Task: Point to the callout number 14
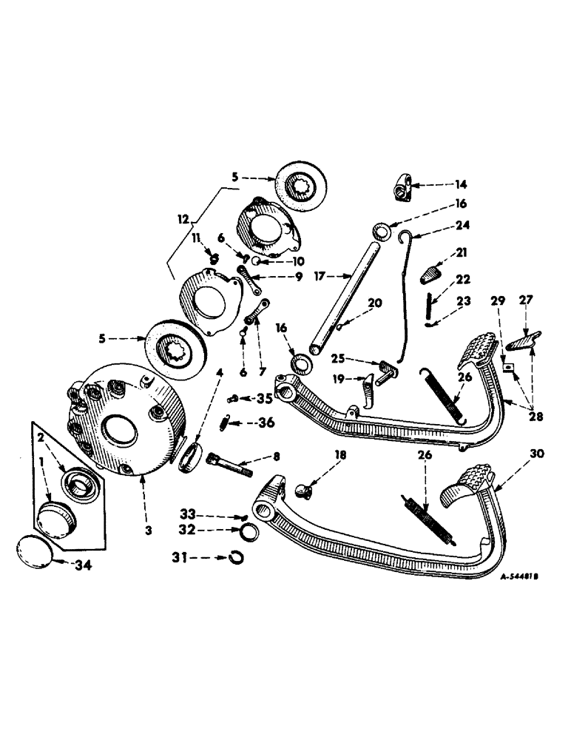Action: pos(441,184)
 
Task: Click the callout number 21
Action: pos(462,253)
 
